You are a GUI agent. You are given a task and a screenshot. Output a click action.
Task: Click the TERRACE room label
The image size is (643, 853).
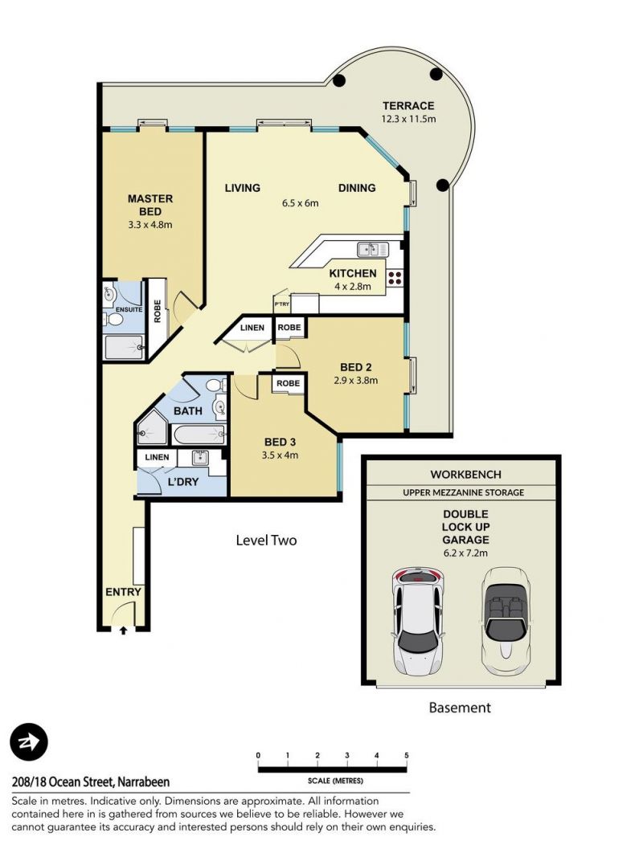coord(408,105)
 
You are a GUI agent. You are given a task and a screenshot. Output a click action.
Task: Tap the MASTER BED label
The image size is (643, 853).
coord(150,205)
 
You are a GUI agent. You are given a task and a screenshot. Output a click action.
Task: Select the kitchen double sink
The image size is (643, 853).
coord(373,249)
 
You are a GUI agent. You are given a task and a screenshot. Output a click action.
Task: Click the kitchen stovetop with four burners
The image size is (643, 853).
coord(395,278)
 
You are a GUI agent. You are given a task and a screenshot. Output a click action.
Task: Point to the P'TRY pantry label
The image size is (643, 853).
coord(282,304)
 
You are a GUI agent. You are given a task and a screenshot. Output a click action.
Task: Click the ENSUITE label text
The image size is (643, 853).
coord(129,309)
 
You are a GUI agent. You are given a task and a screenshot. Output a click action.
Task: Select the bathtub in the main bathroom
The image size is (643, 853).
coord(199,434)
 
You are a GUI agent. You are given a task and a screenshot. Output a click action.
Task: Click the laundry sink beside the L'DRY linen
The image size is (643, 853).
coord(199,458)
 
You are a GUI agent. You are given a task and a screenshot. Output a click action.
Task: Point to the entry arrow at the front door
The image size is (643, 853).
coord(124,631)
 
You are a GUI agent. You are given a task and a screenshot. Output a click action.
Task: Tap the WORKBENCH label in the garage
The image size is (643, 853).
coord(465,475)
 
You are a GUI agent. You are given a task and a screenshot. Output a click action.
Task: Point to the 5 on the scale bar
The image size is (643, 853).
coord(406,755)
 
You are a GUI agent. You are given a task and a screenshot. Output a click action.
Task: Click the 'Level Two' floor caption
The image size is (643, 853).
coord(266,541)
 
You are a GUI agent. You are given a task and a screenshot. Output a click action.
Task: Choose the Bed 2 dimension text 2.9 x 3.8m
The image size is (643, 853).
coord(355,380)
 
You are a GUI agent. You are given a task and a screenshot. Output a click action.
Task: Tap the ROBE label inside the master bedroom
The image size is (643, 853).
coord(158,311)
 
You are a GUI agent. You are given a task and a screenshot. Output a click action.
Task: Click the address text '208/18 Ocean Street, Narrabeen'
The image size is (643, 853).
coord(90,782)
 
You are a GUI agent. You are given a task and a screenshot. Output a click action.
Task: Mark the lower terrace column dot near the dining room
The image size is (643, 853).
coord(443,185)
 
